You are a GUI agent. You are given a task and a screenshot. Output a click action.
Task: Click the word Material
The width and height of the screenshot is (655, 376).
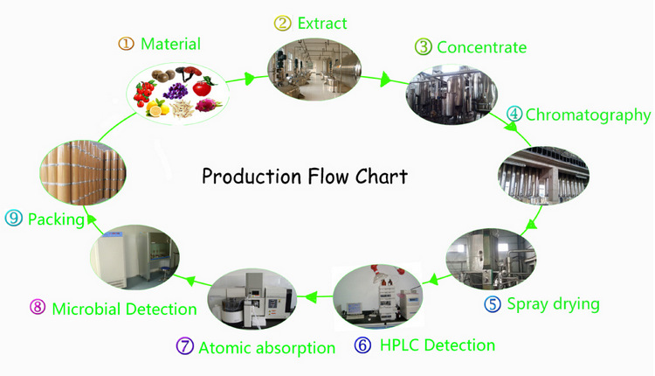(x=170, y=44)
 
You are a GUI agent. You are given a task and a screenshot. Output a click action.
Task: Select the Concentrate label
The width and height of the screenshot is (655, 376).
(x=482, y=46)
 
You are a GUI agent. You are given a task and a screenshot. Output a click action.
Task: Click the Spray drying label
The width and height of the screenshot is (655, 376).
(x=554, y=304)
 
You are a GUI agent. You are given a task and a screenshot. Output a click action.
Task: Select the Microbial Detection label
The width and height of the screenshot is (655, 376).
(x=124, y=309)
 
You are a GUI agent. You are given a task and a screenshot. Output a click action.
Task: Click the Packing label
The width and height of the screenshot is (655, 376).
(x=56, y=219)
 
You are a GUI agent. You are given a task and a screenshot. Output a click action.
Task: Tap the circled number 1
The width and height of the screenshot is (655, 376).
(x=127, y=44)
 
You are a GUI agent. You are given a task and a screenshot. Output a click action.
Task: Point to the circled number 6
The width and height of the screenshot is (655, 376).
(x=362, y=345)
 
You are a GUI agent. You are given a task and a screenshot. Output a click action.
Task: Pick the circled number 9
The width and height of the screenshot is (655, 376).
(x=14, y=219)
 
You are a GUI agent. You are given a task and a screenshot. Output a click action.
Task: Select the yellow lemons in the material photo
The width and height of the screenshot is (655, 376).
(x=158, y=108)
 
